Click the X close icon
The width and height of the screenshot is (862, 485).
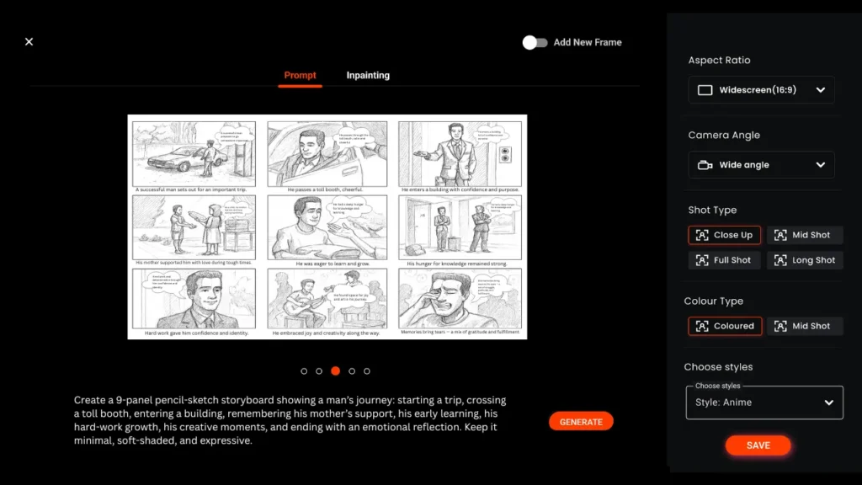[29, 41]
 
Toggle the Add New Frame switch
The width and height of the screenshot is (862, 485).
[535, 42]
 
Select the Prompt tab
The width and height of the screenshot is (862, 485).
[300, 76]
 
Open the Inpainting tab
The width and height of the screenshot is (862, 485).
[368, 76]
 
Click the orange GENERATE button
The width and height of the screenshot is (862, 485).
[581, 421]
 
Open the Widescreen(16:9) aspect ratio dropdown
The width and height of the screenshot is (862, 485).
[761, 90]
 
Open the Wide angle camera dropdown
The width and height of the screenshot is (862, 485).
[761, 165]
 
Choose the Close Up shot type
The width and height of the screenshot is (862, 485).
[725, 235]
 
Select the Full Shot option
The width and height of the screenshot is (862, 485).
[725, 260]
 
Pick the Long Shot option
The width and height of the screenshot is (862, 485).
[805, 260]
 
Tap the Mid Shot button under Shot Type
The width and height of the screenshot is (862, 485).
[805, 235]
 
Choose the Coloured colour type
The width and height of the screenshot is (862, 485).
[725, 326]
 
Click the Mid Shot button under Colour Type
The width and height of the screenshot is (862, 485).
[805, 326]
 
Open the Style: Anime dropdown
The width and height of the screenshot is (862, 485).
[764, 402]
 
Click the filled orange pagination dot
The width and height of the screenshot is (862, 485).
[335, 370]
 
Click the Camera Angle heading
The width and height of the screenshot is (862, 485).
[724, 135]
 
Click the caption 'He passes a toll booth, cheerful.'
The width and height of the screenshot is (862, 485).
[327, 189]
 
